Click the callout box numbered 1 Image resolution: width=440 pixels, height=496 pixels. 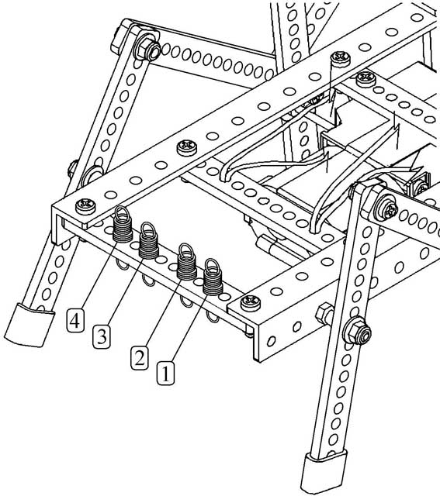(x=165, y=373)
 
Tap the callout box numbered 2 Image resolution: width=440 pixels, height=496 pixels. (x=140, y=357)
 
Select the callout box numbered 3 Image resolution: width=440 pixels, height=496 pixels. (x=102, y=336)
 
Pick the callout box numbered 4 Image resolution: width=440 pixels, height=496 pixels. (x=75, y=320)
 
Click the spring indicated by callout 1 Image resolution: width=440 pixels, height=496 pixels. (x=213, y=277)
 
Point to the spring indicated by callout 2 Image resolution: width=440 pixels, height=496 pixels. (x=187, y=263)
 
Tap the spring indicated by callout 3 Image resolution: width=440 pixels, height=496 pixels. (x=149, y=241)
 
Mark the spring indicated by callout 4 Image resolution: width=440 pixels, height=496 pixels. (x=123, y=225)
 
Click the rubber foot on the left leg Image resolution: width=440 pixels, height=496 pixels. (x=29, y=325)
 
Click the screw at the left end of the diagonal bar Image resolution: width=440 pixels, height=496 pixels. (x=85, y=206)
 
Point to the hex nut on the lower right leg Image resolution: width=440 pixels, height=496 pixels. (x=357, y=331)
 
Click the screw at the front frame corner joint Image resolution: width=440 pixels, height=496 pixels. (x=251, y=303)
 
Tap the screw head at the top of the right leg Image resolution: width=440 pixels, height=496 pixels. (x=386, y=208)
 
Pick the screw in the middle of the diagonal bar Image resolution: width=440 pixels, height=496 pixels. (x=187, y=148)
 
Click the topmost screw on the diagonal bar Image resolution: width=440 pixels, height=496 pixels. (x=341, y=59)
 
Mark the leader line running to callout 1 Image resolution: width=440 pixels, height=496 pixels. (x=189, y=328)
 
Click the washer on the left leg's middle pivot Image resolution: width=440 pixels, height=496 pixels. (x=92, y=174)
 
